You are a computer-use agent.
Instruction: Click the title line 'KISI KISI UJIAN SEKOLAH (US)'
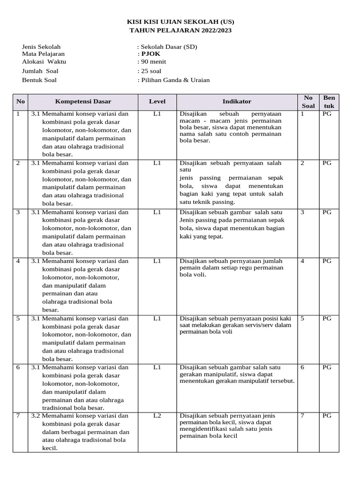tap(180, 22)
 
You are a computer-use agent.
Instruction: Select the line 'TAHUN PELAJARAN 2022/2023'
tap(180, 30)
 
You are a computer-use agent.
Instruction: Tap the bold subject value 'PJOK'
tap(150, 54)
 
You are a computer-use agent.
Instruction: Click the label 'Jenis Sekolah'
tap(41, 46)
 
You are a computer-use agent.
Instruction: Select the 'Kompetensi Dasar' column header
tap(83, 101)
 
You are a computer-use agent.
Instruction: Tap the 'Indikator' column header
tap(237, 101)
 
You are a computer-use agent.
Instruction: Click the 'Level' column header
tap(157, 101)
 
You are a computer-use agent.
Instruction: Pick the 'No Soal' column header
tap(308, 102)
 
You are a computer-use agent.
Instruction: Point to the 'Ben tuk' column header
tap(330, 102)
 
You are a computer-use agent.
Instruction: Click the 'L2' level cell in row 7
tap(157, 416)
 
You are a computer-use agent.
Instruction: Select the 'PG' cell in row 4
tap(327, 261)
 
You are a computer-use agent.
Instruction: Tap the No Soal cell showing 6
tap(302, 367)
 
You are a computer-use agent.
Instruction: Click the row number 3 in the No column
tap(18, 212)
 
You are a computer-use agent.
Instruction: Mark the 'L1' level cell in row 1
tap(157, 113)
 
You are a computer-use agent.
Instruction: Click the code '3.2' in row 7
tap(36, 416)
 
